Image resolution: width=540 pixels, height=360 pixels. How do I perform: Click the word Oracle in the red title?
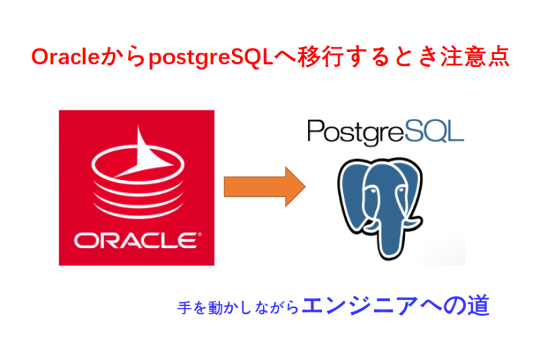(65, 56)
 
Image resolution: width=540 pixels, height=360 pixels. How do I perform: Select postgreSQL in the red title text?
(211, 57)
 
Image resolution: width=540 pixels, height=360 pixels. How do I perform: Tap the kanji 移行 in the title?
(320, 56)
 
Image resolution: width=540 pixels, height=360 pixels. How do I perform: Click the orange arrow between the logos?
(264, 187)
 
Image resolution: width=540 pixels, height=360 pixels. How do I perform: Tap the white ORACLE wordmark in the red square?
(136, 240)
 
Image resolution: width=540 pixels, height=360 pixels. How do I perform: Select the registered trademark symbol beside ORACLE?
(200, 235)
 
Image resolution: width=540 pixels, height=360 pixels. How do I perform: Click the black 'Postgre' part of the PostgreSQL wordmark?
(356, 132)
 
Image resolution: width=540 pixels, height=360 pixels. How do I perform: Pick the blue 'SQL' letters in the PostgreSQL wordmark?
(435, 131)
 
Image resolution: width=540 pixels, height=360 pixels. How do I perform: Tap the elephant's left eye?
(371, 191)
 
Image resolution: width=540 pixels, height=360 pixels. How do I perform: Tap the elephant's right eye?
(401, 190)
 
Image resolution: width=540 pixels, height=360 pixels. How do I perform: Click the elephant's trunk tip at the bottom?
(389, 255)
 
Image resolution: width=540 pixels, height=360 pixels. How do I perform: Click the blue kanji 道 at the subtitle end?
(478, 305)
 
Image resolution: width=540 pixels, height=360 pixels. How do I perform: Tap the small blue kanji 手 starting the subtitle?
(184, 307)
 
